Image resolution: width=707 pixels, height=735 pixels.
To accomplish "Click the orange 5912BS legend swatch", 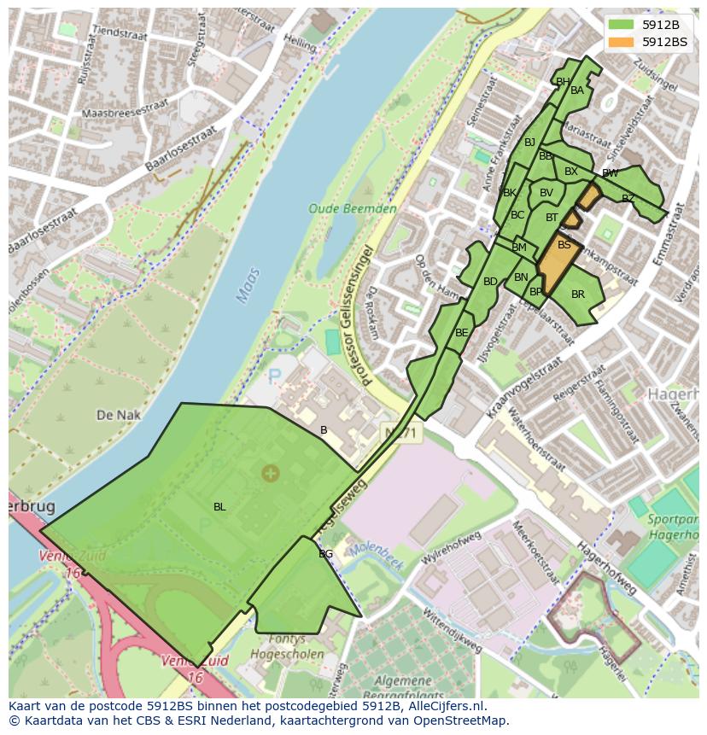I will (x=622, y=42).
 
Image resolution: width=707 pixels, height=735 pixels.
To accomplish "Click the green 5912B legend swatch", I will (x=622, y=25).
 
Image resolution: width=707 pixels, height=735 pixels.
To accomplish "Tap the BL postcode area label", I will (x=219, y=507).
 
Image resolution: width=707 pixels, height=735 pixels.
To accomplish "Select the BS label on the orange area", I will (x=564, y=245).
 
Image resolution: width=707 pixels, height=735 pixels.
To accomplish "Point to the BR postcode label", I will (x=578, y=295).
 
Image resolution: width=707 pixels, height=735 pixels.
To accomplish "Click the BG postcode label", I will (x=325, y=554).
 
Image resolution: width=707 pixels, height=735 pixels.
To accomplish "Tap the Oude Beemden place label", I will (x=353, y=208).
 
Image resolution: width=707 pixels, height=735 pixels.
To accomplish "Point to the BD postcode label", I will (x=490, y=282).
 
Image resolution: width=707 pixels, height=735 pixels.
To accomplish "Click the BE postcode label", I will (x=461, y=333).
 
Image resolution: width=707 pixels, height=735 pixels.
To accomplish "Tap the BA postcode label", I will (x=577, y=90).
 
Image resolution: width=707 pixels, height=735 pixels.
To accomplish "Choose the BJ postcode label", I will (x=529, y=143).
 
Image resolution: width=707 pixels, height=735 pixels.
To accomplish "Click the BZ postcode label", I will (x=628, y=199).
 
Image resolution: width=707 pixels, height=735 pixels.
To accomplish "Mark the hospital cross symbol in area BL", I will (x=270, y=472).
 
